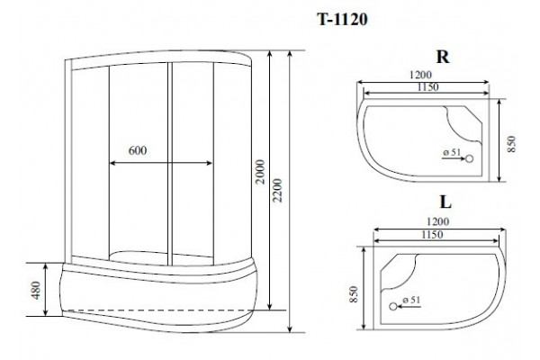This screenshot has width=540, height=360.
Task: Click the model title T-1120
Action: (x=342, y=19)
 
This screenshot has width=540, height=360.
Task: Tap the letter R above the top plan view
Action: (x=443, y=57)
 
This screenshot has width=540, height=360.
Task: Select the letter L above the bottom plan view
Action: (x=445, y=202)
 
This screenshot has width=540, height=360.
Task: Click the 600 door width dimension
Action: (x=138, y=150)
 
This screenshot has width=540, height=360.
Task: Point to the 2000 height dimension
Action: (x=261, y=172)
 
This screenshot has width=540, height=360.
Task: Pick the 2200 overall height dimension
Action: (x=277, y=191)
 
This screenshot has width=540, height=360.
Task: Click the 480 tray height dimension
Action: (x=35, y=290)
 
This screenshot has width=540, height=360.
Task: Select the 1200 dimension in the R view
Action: (x=420, y=75)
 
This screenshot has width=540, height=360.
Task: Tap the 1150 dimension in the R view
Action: (x=428, y=87)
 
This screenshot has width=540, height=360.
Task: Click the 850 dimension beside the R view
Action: (x=512, y=144)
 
